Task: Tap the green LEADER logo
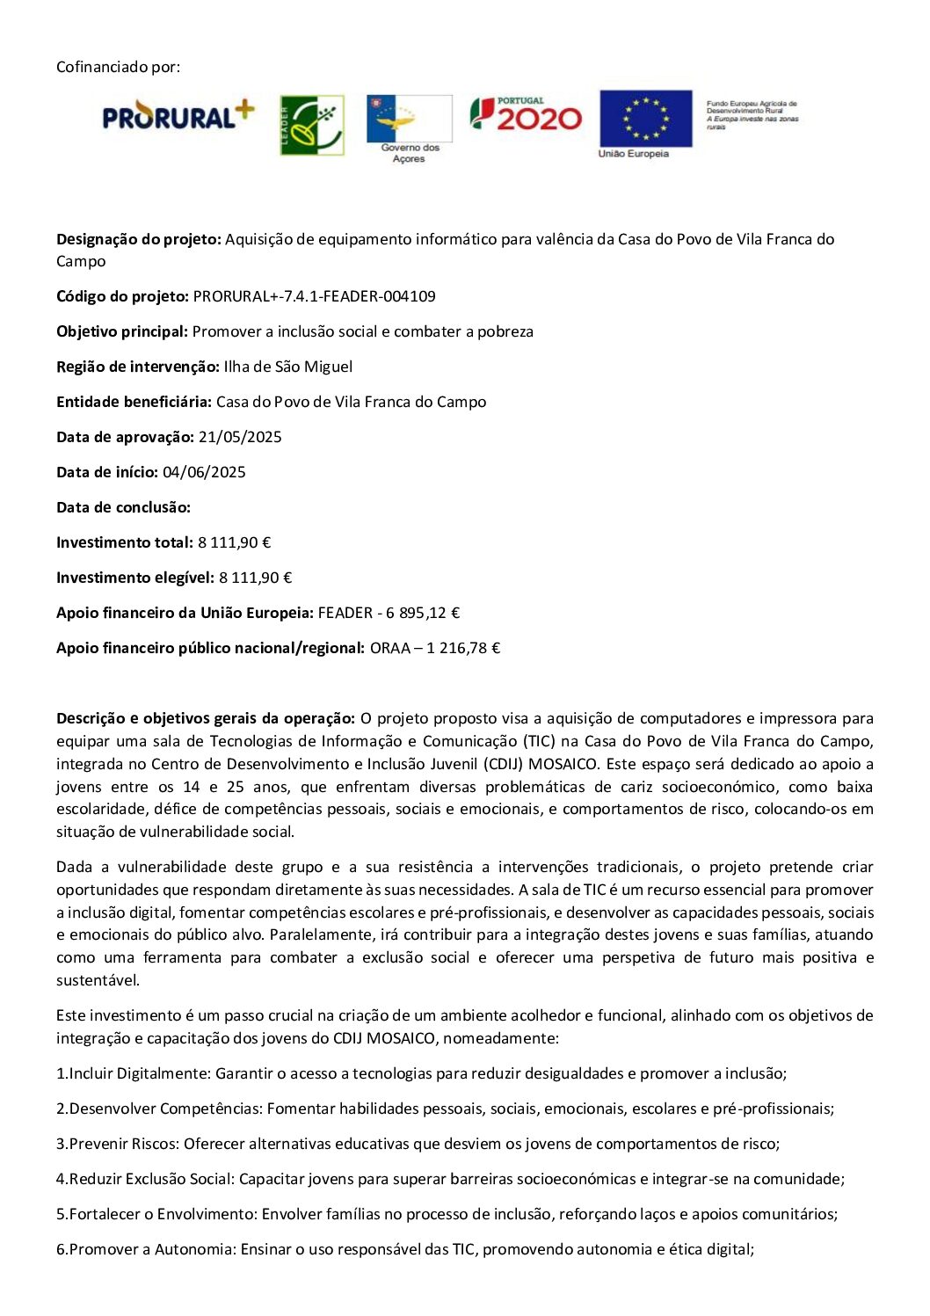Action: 311,125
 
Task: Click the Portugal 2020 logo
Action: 526,114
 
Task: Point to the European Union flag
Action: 645,119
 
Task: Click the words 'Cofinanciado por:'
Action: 118,67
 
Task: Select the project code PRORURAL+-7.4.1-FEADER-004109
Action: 314,296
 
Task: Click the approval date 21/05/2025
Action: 240,437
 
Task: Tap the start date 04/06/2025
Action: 204,472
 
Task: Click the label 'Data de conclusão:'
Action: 123,507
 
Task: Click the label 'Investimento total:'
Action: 124,542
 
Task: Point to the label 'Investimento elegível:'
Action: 134,578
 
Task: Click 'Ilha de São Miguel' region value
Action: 287,367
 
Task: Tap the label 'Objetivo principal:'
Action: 122,331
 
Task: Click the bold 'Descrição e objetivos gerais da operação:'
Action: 206,718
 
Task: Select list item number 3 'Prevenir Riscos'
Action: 418,1144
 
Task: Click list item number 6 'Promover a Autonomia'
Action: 404,1249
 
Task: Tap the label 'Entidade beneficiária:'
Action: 134,402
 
